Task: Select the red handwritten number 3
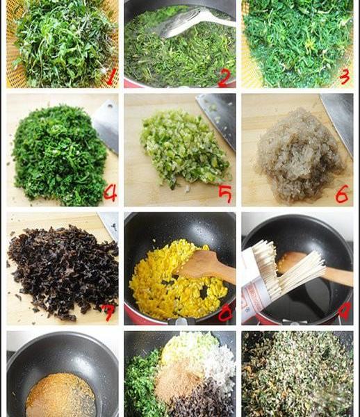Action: pos(344,76)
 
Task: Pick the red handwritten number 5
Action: pos(225,194)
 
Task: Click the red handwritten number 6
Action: pos(342,195)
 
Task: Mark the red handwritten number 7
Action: pos(108,313)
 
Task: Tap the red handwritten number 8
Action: pos(225,313)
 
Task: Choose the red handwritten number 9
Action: pos(345,311)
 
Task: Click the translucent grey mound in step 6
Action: pos(299,156)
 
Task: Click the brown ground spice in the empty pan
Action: pos(61,395)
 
